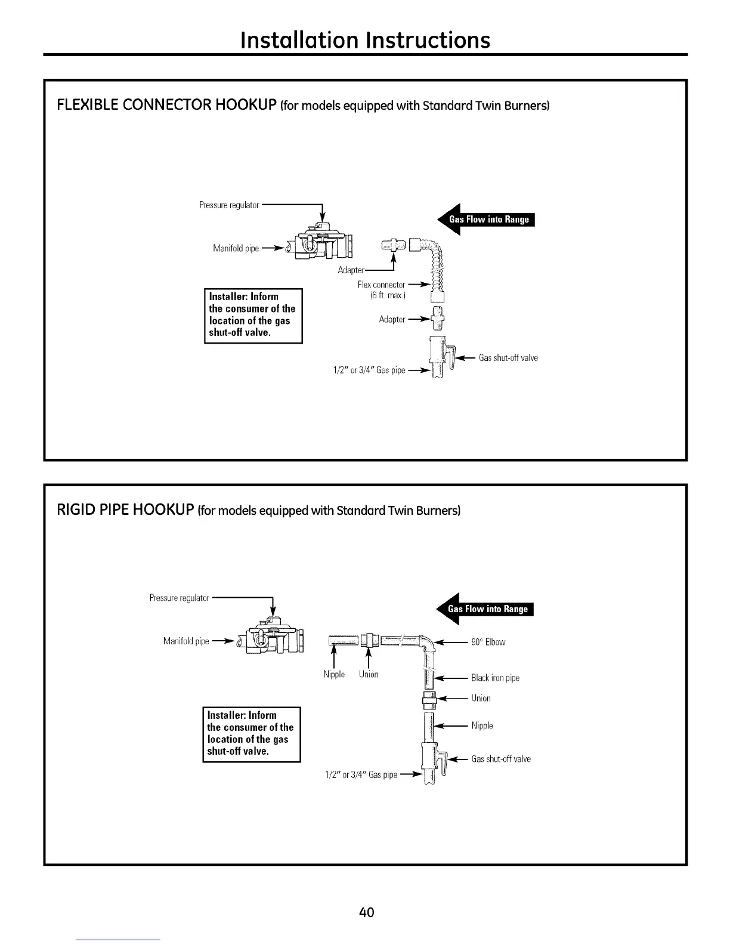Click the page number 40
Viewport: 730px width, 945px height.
click(366, 912)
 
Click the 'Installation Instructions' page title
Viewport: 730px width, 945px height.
click(365, 40)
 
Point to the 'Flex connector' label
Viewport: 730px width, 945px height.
click(381, 285)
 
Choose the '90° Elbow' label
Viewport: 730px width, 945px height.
click(488, 643)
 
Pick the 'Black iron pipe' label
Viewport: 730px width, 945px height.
click(495, 678)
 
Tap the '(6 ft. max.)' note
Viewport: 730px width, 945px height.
click(388, 296)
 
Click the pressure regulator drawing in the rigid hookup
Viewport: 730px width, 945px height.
click(271, 638)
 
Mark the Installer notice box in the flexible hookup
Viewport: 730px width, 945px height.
click(253, 315)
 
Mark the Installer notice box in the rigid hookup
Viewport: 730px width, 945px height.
click(251, 734)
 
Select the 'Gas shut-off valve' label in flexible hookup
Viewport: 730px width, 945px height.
click(508, 358)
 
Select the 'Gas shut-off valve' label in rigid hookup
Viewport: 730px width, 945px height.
click(501, 759)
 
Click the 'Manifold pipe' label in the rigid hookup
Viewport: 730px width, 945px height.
click(186, 641)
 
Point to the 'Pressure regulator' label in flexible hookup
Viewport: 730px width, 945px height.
click(229, 205)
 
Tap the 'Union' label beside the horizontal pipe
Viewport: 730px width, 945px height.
click(369, 674)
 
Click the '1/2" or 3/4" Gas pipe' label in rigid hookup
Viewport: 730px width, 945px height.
click(361, 775)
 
